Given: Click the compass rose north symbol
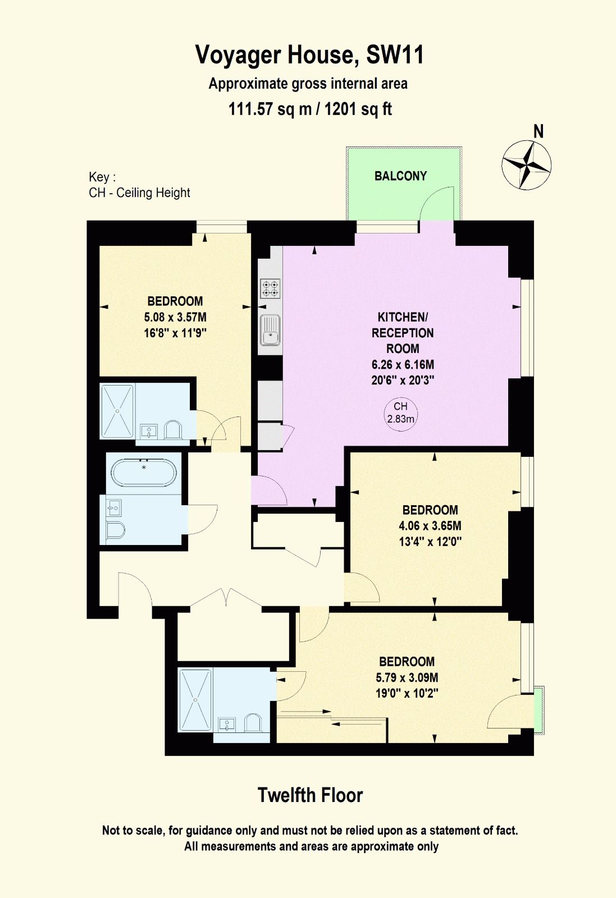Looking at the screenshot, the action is point(526,165).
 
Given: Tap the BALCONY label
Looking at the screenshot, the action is point(400,176).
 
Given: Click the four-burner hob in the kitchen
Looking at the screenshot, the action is point(270,288).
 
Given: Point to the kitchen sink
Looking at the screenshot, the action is point(270,330).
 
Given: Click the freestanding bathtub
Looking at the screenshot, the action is point(143,473).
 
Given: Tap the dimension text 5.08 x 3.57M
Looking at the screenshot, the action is point(175,317).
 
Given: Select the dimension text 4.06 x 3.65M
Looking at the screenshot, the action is point(430,525).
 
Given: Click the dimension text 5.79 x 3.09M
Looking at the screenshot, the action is point(407,677).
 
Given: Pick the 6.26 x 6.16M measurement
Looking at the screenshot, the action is point(403,364).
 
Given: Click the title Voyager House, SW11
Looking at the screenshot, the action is point(309,55).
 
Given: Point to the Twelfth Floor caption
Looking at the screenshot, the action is point(310,795).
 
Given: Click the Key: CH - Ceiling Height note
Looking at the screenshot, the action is point(139,185).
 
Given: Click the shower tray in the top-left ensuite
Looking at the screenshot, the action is point(117,411).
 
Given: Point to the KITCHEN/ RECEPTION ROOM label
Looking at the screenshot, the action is point(403,333).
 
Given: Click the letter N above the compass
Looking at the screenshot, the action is point(539,131).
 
